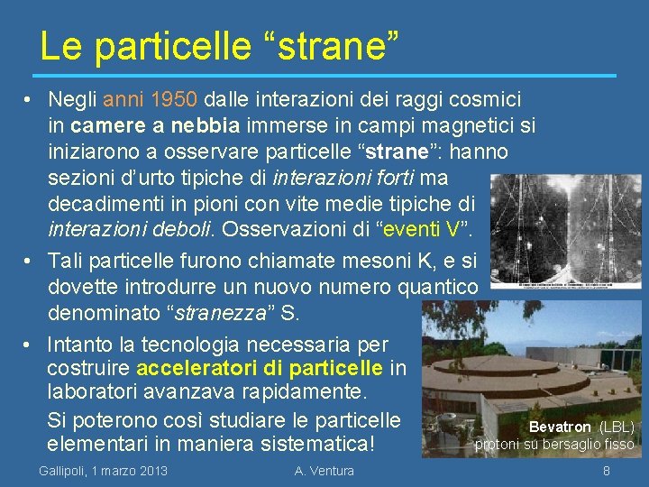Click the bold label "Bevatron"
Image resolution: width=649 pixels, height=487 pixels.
560,427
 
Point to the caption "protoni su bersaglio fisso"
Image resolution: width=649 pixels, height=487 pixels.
554,444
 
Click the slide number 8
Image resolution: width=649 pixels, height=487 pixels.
607,471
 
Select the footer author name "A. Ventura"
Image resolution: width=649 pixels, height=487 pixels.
324,471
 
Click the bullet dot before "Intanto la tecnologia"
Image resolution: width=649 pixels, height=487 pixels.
30,345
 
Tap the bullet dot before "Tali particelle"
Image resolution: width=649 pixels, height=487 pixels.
30,262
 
